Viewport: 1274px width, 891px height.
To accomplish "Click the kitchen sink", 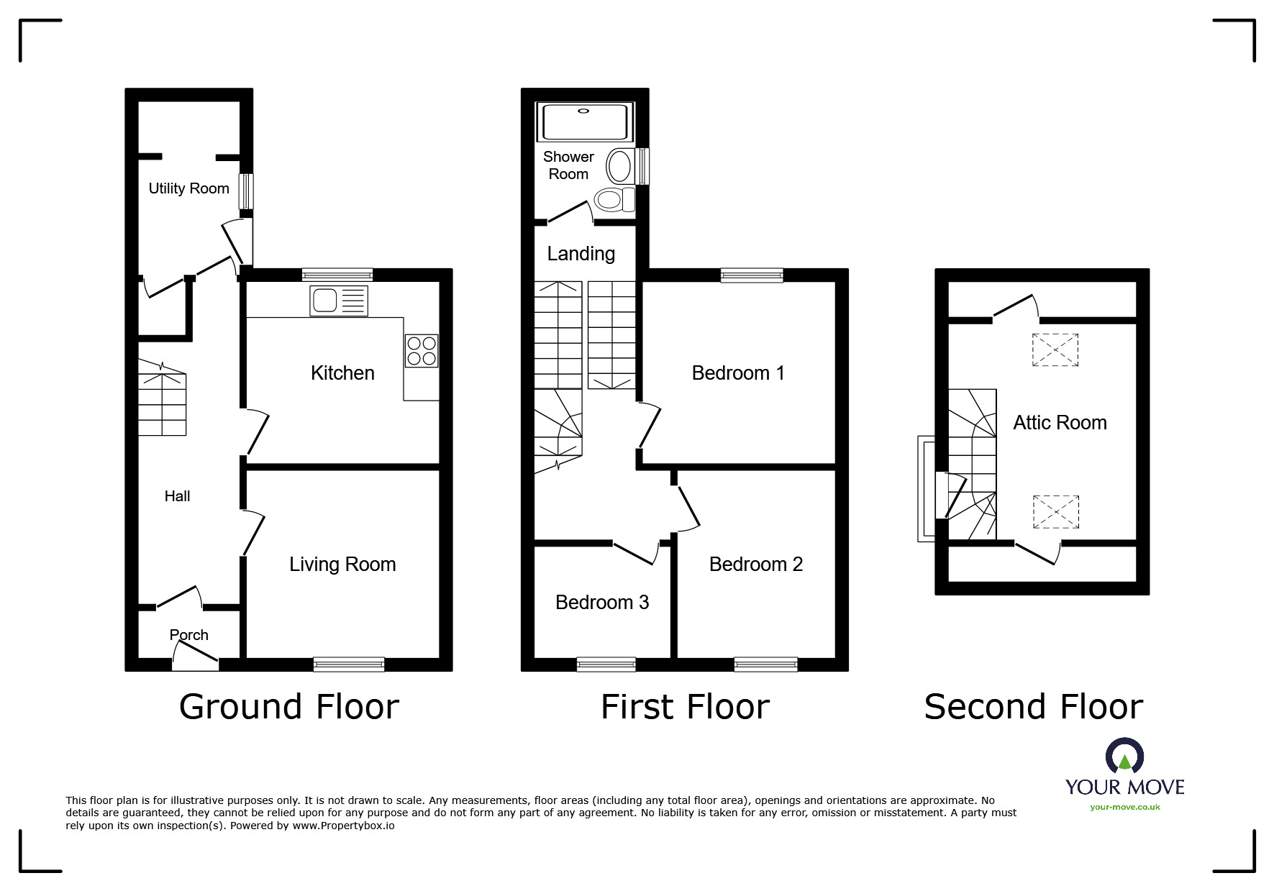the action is tap(339, 301).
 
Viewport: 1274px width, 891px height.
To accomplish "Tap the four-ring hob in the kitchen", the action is tap(422, 351).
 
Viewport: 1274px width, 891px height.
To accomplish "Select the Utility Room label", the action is tap(188, 188).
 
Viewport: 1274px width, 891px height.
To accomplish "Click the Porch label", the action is tap(189, 634).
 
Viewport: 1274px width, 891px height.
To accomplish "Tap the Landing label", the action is tap(581, 253).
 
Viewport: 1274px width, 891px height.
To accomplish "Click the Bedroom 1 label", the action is tap(738, 373).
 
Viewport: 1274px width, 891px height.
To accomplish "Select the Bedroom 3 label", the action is tap(602, 602).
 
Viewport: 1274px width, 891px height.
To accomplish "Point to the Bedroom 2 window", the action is tap(766, 664).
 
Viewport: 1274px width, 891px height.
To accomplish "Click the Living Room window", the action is tap(349, 664).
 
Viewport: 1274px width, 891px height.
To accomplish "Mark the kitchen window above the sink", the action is tap(337, 275).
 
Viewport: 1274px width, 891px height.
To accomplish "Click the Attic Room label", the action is tap(1060, 422).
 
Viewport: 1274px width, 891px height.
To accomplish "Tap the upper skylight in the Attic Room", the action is tap(1055, 350).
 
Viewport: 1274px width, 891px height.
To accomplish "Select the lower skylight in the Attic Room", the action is tap(1056, 512).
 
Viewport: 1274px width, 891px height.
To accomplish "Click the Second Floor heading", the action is tap(1034, 706).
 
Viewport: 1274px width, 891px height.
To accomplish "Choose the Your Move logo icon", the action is tap(1125, 755).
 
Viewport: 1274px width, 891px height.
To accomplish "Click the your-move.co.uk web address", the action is tap(1125, 807).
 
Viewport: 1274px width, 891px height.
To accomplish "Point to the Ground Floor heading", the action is tap(289, 706).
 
